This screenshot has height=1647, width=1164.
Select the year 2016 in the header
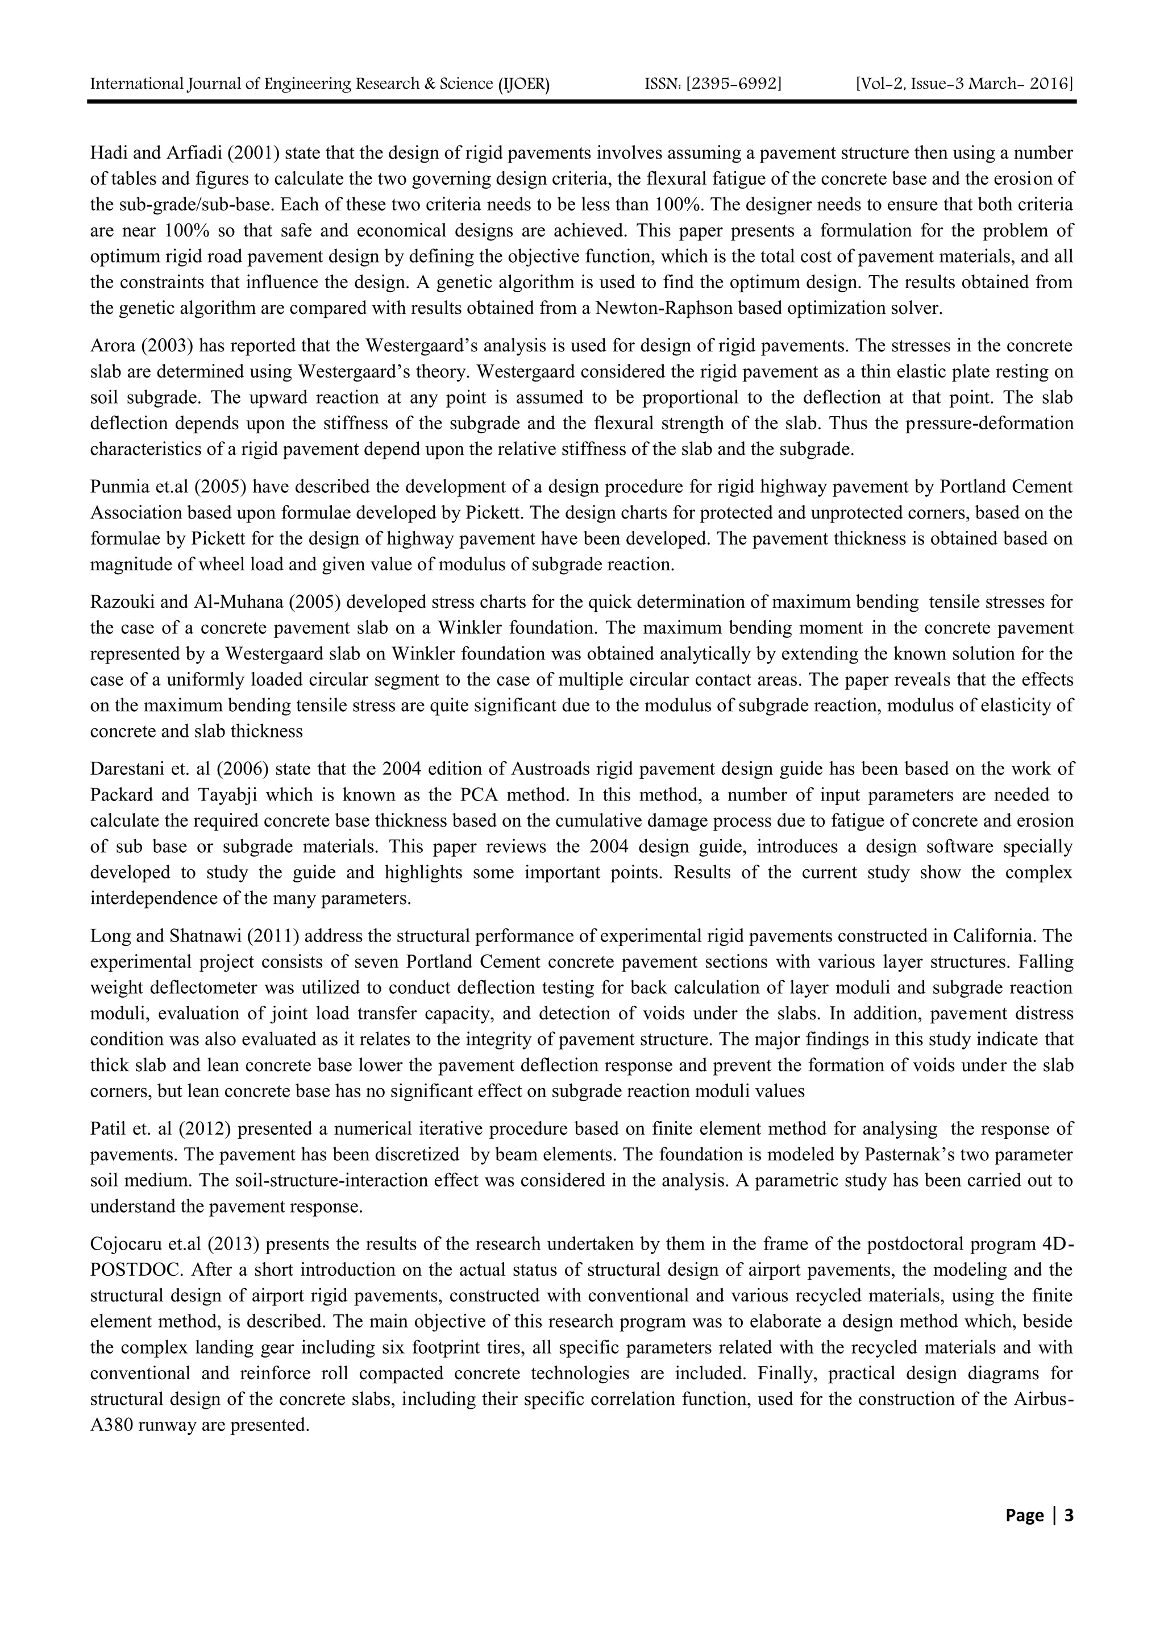1051,85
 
